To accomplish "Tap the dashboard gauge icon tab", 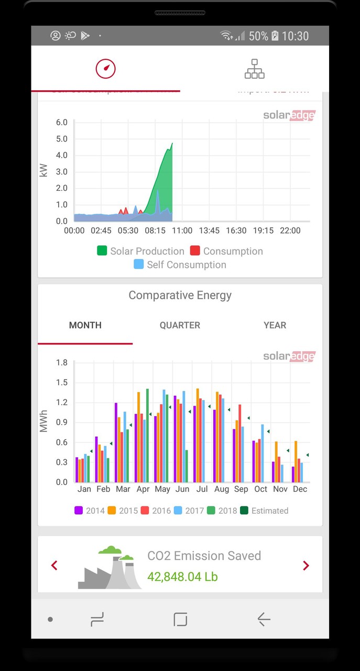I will click(105, 69).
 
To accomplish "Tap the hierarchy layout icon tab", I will click(255, 69).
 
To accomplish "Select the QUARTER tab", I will click(180, 325).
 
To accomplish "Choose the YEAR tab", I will click(275, 325).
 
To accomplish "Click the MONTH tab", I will click(85, 325).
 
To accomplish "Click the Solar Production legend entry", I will click(140, 251).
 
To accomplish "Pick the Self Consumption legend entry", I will click(180, 265).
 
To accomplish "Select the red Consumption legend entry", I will click(226, 251).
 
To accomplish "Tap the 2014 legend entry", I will click(90, 511).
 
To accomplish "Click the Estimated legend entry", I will click(264, 511).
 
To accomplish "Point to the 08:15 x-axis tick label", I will click(155, 231).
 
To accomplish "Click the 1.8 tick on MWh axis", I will click(61, 362).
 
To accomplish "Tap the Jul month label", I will click(202, 489).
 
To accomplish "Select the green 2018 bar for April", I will click(147, 435).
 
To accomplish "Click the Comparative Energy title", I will click(180, 295).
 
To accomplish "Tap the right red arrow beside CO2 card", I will click(306, 566).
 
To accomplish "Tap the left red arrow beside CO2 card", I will click(54, 566).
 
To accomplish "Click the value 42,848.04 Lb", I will click(182, 577).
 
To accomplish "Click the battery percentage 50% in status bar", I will click(258, 36).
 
